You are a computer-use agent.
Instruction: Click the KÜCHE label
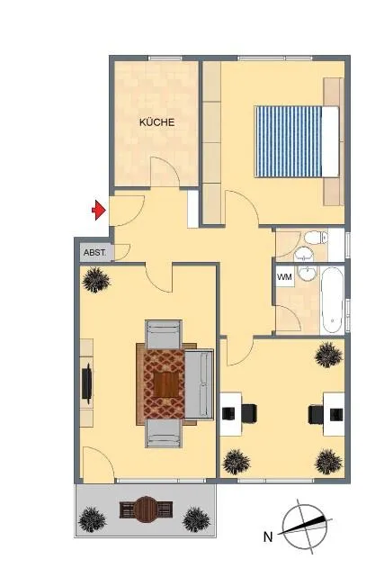tap(156, 122)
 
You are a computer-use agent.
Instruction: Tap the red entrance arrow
tap(99, 210)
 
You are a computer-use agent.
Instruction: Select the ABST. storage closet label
tap(94, 253)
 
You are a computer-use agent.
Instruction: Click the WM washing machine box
tap(284, 276)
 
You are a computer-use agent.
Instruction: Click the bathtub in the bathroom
tap(332, 300)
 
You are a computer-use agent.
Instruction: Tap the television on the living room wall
tap(87, 383)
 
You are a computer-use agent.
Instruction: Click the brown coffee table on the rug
tap(165, 384)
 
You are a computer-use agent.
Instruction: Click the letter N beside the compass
tap(268, 536)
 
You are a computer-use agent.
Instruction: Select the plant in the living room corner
tap(96, 280)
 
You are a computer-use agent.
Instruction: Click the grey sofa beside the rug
tap(199, 384)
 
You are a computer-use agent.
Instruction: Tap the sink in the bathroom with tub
tap(306, 274)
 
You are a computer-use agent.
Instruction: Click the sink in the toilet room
tap(304, 254)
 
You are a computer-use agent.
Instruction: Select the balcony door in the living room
tap(98, 464)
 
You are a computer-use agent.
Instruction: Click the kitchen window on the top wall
tap(165, 58)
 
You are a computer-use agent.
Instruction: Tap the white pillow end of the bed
tap(330, 141)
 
